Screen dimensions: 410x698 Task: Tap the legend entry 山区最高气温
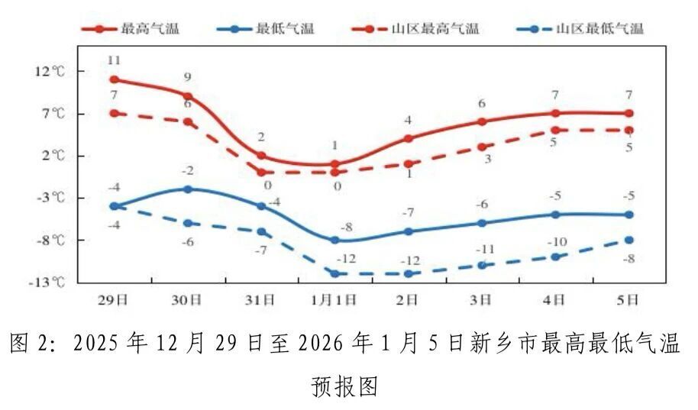pos(438,29)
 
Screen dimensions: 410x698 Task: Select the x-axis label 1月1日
pos(334,300)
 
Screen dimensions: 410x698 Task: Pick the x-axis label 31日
pos(261,300)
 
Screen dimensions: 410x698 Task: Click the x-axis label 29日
pos(114,300)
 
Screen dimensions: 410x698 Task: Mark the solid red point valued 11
pos(114,79)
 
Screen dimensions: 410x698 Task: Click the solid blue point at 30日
pos(188,189)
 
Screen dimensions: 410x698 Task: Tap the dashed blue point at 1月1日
pos(334,273)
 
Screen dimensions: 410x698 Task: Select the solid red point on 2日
pos(409,138)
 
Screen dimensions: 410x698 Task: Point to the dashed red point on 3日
pos(482,147)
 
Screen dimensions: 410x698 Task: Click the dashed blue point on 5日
pos(629,240)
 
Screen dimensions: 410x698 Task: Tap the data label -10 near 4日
pos(557,242)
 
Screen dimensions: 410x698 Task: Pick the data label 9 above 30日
pos(187,77)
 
